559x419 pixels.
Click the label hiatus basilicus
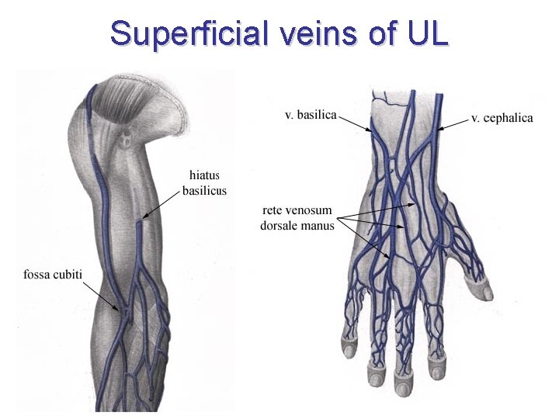(x=204, y=183)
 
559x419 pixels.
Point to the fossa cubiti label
(x=53, y=275)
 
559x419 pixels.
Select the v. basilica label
(x=311, y=115)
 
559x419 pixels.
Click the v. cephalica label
(x=502, y=118)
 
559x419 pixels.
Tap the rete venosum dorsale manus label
(x=297, y=218)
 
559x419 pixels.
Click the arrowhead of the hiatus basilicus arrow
(x=143, y=220)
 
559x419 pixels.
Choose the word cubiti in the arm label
(x=68, y=275)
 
